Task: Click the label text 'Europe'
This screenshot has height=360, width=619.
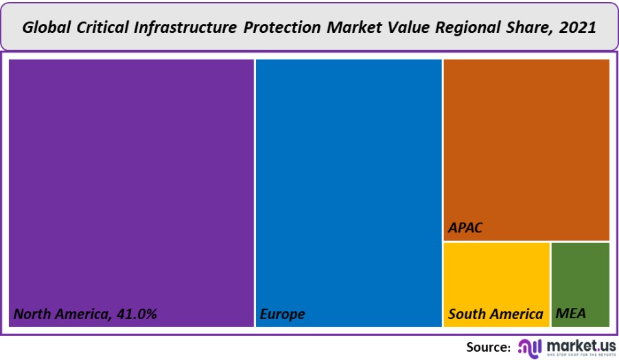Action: (282, 315)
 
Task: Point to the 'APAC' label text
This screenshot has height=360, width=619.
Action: (465, 227)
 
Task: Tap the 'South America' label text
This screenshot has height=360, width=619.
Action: (495, 315)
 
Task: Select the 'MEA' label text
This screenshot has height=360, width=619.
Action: (570, 315)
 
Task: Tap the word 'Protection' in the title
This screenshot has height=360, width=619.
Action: (283, 27)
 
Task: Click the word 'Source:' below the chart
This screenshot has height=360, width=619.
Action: (489, 346)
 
